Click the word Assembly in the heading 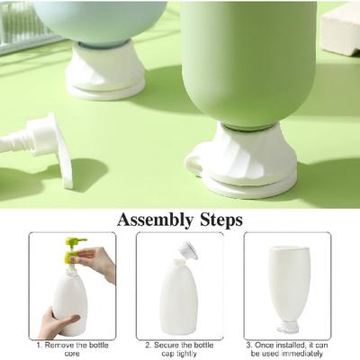tap(155, 220)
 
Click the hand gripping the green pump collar tap(96, 262)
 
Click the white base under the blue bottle tap(105, 70)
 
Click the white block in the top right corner tap(341, 29)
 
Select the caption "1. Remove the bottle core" tap(72, 349)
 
